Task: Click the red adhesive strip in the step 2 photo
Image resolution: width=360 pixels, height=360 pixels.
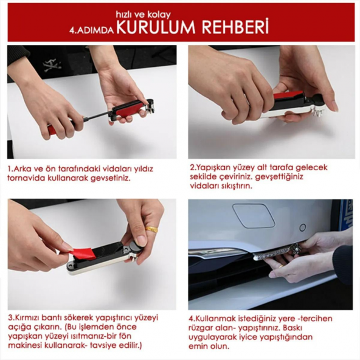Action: (x=288, y=96)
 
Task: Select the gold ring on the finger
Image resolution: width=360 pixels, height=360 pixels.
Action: (x=151, y=230)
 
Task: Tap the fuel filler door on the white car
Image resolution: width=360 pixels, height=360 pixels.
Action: (x=254, y=215)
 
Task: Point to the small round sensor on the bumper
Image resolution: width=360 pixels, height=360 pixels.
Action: (x=302, y=227)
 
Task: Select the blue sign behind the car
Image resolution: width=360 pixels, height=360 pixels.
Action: (x=347, y=214)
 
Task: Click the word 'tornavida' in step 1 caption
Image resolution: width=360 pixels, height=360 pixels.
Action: (x=27, y=179)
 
